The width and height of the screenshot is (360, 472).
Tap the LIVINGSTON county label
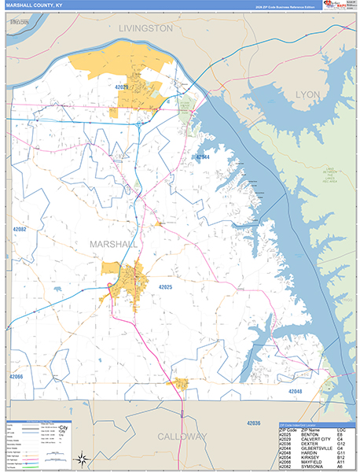[x=145, y=28]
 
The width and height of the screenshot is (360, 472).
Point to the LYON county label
[x=308, y=94]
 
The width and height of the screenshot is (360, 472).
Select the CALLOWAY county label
[x=182, y=436]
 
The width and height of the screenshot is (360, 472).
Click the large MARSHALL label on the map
[x=115, y=244]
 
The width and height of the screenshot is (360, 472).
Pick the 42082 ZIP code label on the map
[x=19, y=229]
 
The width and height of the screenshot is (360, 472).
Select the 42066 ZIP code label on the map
[x=17, y=378]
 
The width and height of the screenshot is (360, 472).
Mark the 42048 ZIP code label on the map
[x=294, y=391]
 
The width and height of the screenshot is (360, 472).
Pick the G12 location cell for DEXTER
[x=340, y=443]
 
